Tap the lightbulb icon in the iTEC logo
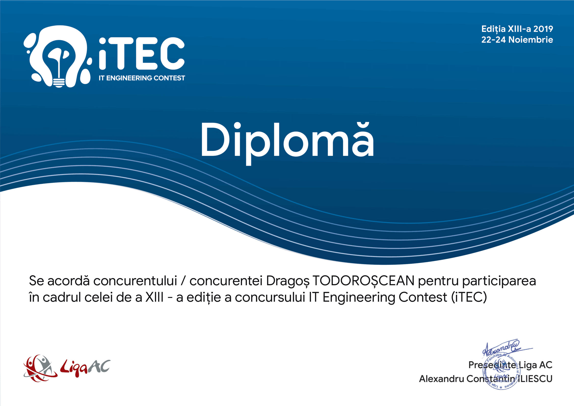click(59, 60)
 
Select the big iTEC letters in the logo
click(142, 54)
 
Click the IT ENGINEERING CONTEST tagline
click(142, 78)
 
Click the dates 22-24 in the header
click(494, 40)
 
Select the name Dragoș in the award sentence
click(288, 281)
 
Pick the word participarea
click(499, 281)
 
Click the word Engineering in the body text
click(360, 298)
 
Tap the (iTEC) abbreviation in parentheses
click(469, 298)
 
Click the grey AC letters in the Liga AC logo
click(100, 366)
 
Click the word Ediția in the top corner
click(493, 29)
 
